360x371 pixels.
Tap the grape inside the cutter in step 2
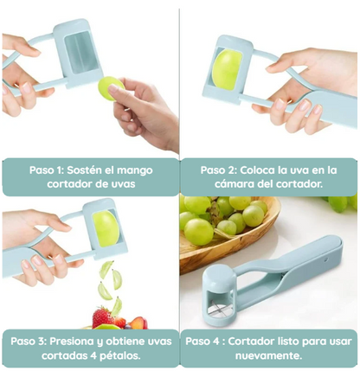pyautogui.click(x=227, y=69)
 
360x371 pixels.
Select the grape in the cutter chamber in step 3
pyautogui.click(x=106, y=228)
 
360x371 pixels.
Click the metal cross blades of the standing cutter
pyautogui.click(x=220, y=309)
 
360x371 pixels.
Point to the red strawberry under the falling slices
pyautogui.click(x=103, y=317)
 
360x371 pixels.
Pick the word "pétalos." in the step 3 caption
pyautogui.click(x=119, y=355)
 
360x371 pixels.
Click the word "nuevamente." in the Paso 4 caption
pyautogui.click(x=268, y=355)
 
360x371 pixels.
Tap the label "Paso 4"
pyautogui.click(x=202, y=342)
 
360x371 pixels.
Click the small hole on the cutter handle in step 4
pyautogui.click(x=326, y=259)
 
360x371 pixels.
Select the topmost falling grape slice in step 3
pyautogui.click(x=106, y=268)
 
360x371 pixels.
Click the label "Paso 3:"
pyautogui.click(x=29, y=342)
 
